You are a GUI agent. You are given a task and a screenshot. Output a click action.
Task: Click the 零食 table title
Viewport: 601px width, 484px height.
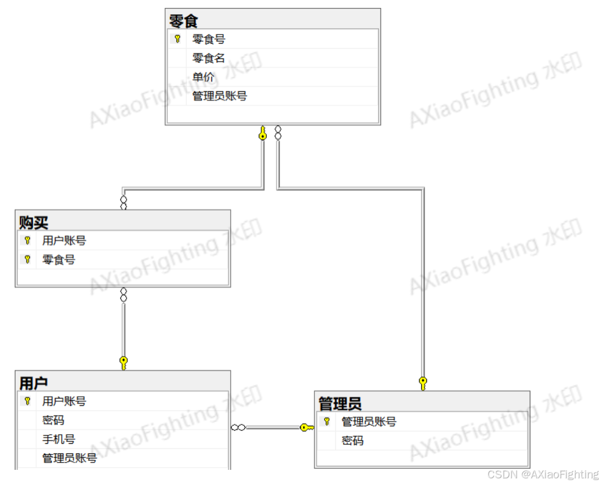tap(183, 21)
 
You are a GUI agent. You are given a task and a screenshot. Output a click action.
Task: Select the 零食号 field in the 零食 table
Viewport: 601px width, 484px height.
tap(209, 39)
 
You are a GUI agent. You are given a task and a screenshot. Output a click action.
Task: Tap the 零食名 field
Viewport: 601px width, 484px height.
tap(209, 58)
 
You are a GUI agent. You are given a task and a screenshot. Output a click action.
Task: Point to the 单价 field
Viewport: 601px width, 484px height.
tap(203, 77)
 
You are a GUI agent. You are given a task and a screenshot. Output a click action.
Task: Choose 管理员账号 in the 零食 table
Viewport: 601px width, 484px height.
tap(219, 96)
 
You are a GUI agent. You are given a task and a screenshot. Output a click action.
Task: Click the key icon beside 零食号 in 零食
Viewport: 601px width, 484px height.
tap(177, 39)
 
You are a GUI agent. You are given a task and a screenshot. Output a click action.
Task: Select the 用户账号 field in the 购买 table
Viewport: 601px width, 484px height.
tap(64, 241)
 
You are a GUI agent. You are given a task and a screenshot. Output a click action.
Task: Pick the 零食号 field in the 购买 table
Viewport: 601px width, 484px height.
tap(58, 260)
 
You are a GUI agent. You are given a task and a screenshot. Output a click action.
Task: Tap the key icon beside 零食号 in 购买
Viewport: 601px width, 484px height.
tap(27, 260)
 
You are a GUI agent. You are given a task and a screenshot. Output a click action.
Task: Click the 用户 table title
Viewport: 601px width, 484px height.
tap(33, 383)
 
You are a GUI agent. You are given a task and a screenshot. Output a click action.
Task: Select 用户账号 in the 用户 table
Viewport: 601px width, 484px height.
tap(64, 401)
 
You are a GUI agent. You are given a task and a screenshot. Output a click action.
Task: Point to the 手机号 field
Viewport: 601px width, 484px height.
tap(58, 439)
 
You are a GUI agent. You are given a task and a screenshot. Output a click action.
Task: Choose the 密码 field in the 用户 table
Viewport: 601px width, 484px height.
tap(53, 421)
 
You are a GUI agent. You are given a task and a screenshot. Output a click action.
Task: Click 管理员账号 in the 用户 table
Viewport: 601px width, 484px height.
tap(69, 458)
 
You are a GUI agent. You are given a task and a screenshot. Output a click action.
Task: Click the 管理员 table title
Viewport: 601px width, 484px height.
tap(340, 404)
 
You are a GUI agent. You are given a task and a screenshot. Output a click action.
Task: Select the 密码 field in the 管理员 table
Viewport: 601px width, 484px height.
tap(352, 440)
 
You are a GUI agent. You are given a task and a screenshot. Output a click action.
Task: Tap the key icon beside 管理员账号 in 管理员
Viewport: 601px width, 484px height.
tap(326, 422)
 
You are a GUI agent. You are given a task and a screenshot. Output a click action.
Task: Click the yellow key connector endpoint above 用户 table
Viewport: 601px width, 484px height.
tap(123, 363)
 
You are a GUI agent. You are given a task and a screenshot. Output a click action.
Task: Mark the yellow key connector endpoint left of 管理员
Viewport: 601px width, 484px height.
tap(306, 427)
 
